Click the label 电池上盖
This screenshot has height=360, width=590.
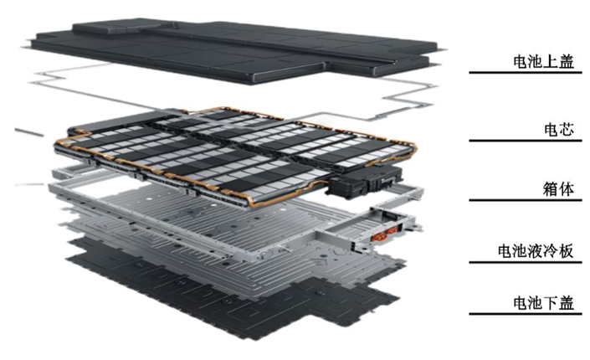pos(544,62)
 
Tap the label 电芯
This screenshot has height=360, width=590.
pos(559,130)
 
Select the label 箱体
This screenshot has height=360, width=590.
pos(558,189)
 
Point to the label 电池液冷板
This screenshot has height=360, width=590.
pos(536,251)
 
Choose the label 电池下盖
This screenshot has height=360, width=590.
pos(544,303)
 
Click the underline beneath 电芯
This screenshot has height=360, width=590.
pos(526,141)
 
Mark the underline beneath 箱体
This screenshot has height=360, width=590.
pos(526,200)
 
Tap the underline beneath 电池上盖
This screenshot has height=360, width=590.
pos(526,72)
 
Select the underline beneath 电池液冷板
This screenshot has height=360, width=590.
pos(526,262)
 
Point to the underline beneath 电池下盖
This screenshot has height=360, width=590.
pos(526,314)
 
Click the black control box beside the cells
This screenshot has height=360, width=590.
pos(364,182)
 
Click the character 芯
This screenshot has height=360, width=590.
pos(567,130)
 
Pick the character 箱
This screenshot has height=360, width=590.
pos(551,189)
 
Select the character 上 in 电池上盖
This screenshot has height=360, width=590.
pos(552,62)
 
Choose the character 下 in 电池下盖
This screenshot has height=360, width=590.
pos(552,303)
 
